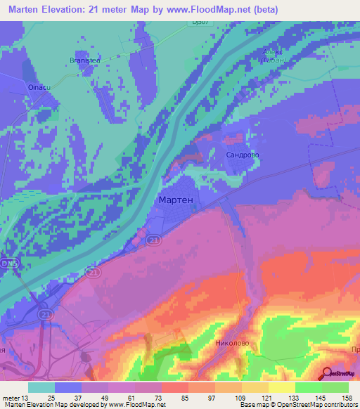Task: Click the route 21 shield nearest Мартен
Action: coord(153,241)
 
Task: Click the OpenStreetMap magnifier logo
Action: coord(328,372)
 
